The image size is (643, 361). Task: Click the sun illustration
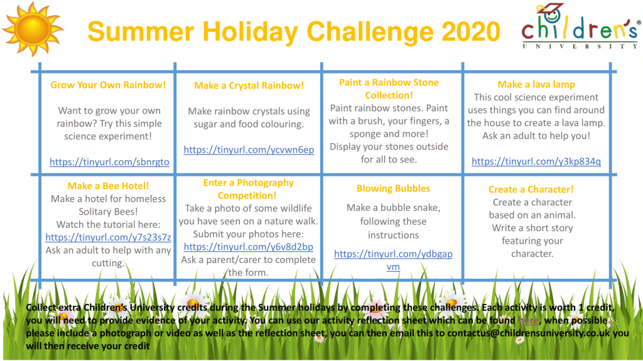point(33,30)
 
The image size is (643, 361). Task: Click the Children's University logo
point(580,26)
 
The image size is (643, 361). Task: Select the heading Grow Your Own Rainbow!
point(108,85)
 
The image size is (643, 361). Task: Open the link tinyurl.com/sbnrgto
point(109,162)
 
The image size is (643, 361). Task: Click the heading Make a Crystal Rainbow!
point(249,85)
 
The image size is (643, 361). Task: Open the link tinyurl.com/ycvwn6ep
point(249,149)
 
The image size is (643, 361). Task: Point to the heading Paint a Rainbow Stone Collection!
point(389,89)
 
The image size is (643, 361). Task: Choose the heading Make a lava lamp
point(536,84)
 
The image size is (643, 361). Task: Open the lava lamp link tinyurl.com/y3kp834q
point(536,161)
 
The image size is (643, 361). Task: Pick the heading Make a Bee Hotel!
point(108,186)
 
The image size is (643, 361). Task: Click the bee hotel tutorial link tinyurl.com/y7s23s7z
point(108,237)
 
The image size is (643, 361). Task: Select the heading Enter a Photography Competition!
point(248,189)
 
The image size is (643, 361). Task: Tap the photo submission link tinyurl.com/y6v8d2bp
point(248,247)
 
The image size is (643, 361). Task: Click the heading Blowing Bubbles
point(393,188)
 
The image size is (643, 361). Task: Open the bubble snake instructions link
point(393,260)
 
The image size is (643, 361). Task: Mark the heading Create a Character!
point(531,189)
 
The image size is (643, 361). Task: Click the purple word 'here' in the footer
point(528,320)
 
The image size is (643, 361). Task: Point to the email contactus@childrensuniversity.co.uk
point(529,333)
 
